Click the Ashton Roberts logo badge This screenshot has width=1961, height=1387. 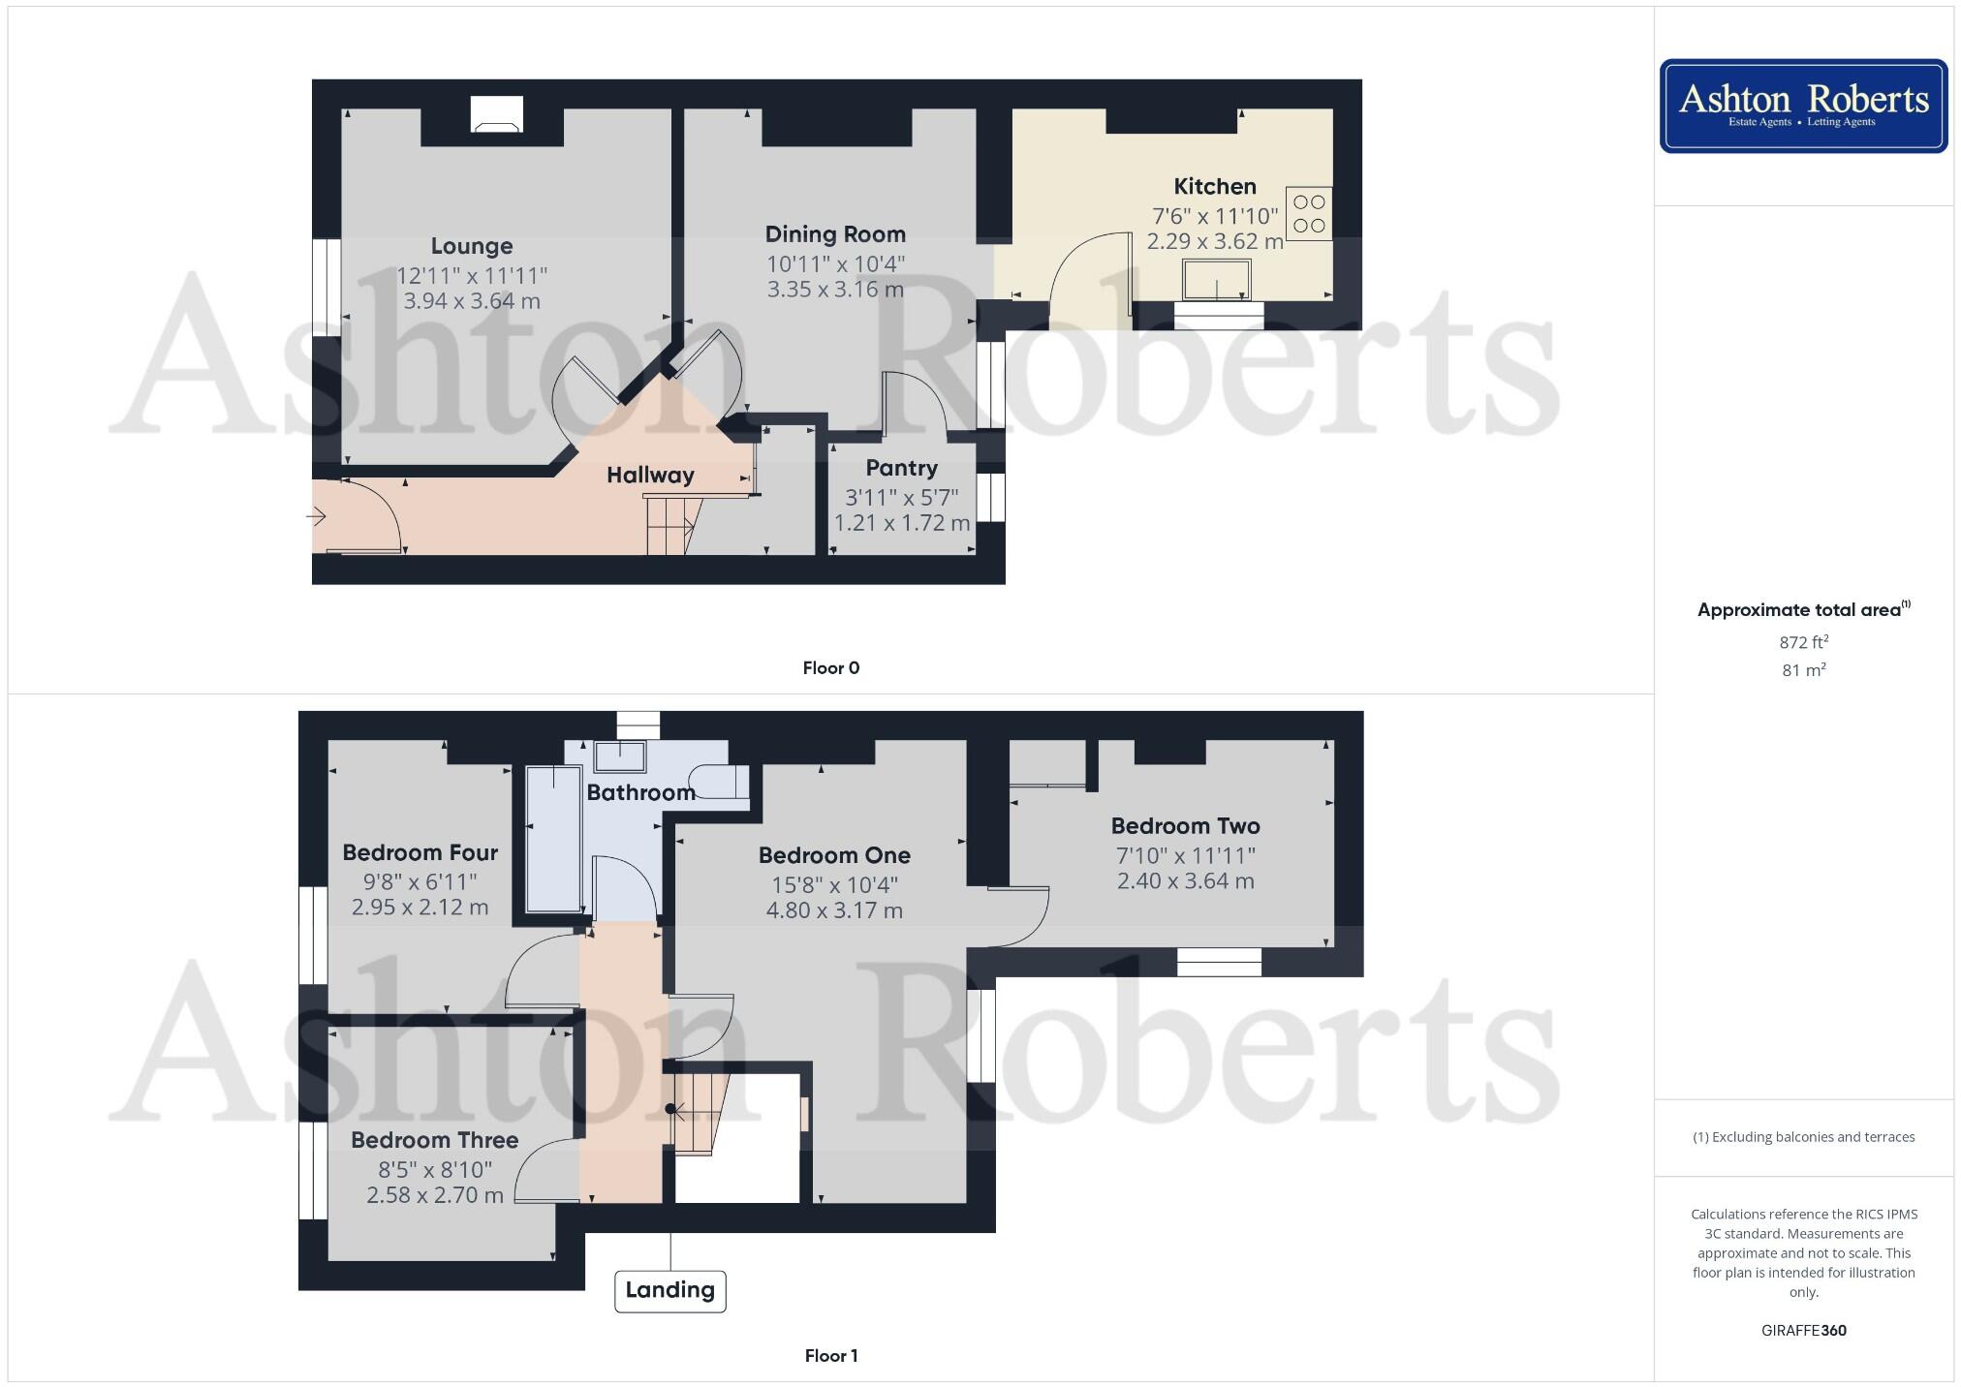click(x=1803, y=106)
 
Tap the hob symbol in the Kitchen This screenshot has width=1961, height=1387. click(x=1308, y=214)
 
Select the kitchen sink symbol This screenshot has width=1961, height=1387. click(x=1216, y=280)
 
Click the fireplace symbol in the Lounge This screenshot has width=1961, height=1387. click(x=496, y=114)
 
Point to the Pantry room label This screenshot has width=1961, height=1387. click(x=901, y=468)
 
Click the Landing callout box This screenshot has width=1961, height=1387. click(x=669, y=1290)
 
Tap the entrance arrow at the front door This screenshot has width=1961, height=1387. click(x=317, y=517)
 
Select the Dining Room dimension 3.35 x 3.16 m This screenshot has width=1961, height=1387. click(x=835, y=289)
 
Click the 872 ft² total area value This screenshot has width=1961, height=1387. click(x=1803, y=642)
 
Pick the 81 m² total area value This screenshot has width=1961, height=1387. click(x=1803, y=670)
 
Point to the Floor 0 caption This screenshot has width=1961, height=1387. click(x=830, y=667)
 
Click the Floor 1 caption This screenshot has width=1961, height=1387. click(x=830, y=1355)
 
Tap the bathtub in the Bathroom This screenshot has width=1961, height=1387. click(x=552, y=838)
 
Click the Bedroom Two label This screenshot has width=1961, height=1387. click(x=1185, y=826)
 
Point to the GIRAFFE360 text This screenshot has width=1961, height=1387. click(x=1803, y=1330)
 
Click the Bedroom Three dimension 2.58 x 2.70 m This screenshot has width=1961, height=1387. click(x=434, y=1195)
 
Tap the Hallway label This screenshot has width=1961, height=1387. click(x=650, y=475)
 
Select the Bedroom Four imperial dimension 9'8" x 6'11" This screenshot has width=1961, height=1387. click(x=420, y=881)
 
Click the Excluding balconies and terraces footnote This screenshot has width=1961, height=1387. click(x=1803, y=1137)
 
